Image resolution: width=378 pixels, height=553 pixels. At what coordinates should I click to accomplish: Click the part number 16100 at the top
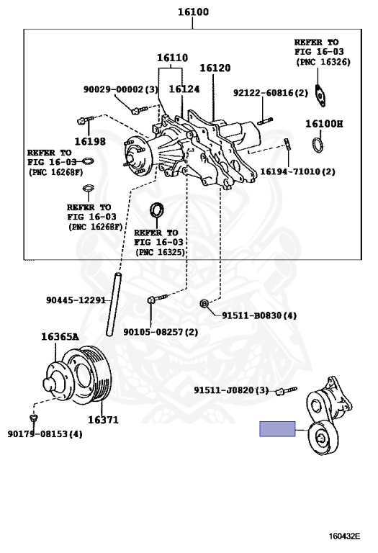coord(193,12)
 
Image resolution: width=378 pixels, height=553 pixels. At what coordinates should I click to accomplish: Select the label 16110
coord(172,58)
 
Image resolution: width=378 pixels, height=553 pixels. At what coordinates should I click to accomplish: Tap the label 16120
coord(215,68)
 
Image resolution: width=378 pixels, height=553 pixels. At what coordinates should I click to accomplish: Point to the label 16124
coord(184,89)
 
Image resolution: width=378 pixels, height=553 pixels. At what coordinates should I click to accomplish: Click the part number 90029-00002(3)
coord(120,89)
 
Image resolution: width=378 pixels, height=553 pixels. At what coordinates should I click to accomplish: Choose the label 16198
coord(90,141)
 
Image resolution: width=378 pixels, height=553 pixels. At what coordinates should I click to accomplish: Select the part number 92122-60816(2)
coord(271,93)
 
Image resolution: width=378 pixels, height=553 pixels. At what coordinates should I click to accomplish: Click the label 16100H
coord(324,123)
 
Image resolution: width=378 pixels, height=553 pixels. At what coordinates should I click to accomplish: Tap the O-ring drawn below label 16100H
coord(318,145)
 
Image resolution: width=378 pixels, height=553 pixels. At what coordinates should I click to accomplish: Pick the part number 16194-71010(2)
coord(297,172)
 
